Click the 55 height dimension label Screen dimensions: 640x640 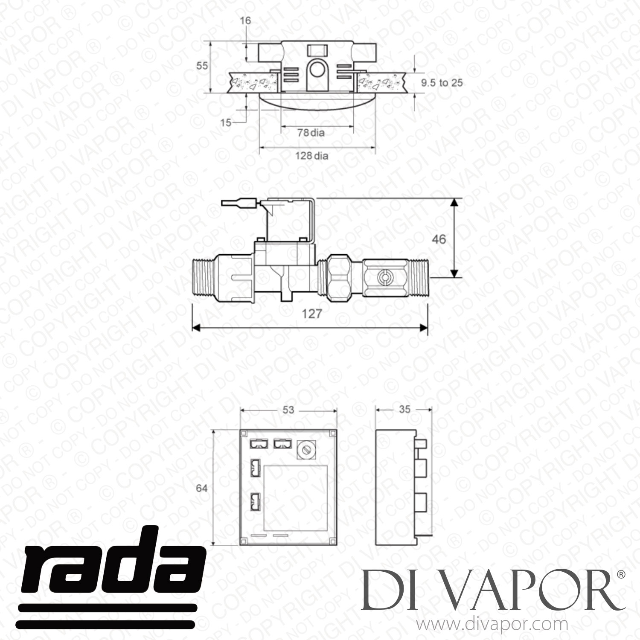(x=202, y=66)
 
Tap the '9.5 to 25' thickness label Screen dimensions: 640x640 (x=442, y=83)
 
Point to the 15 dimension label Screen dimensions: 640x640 (x=226, y=122)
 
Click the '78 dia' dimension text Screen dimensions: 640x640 (x=311, y=133)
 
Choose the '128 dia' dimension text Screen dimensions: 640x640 (x=312, y=156)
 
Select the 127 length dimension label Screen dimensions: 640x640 (x=311, y=314)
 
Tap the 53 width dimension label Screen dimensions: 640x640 (x=289, y=410)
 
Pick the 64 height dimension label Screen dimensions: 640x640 (x=201, y=488)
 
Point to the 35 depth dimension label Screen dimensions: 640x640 (x=404, y=410)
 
